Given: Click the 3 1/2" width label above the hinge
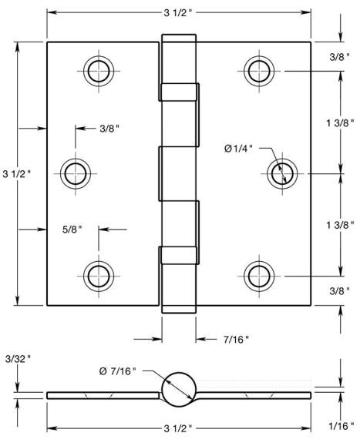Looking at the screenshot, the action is (178, 13).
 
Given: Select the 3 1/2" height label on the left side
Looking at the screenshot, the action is (16, 173).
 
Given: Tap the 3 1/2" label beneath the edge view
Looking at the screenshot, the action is (178, 428).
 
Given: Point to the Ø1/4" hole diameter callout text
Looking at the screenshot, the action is (238, 148).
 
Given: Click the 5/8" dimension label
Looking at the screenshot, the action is (72, 230).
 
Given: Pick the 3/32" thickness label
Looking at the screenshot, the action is (18, 359).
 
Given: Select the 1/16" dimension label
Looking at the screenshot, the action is (341, 425).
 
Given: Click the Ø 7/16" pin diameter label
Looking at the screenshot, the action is (117, 371).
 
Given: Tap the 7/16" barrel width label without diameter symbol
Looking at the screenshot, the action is (236, 339).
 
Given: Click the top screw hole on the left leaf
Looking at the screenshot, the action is (99, 71).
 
